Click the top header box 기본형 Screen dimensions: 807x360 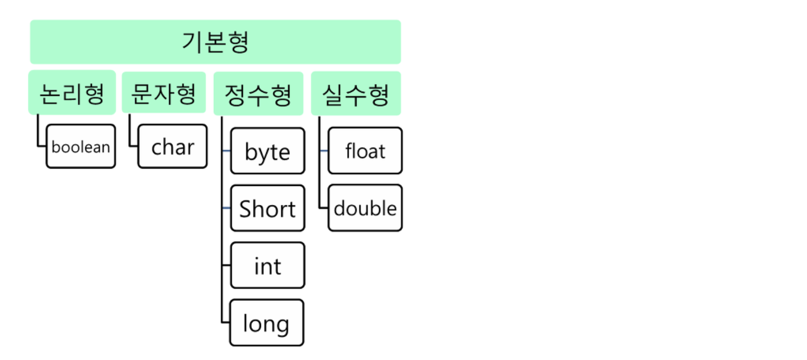(215, 42)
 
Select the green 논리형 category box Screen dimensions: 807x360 (72, 93)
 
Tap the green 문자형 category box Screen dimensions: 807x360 (164, 93)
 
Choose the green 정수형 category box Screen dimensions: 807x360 (258, 94)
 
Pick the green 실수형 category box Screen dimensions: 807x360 (356, 94)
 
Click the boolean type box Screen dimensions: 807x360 (81, 147)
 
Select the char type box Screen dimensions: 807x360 (173, 147)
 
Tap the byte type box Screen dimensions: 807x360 (267, 151)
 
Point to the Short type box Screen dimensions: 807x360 (267, 208)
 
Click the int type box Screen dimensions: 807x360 (267, 266)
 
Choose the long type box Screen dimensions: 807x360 (266, 323)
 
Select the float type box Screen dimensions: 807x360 (365, 151)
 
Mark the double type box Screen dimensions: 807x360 (365, 208)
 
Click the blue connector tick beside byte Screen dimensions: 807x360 (226, 151)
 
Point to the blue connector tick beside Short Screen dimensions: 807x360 (226, 208)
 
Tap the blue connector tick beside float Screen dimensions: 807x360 (324, 151)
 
